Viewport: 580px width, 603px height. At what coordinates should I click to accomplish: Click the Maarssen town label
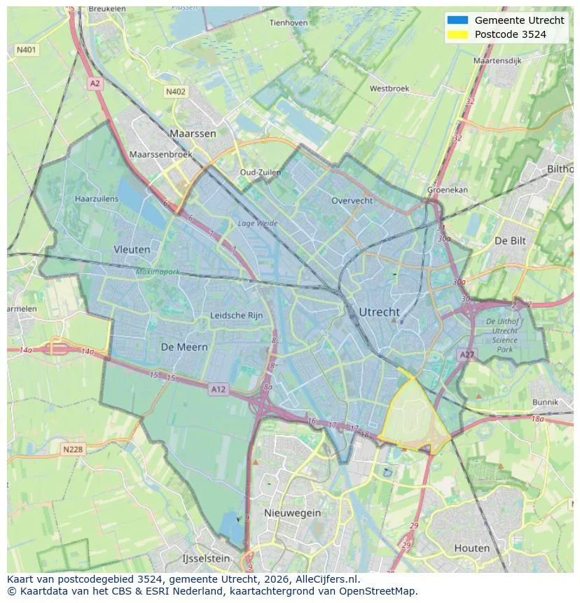tap(193, 133)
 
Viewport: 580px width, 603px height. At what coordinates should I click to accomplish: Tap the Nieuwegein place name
tap(292, 513)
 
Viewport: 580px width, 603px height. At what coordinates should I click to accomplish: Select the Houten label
tap(472, 548)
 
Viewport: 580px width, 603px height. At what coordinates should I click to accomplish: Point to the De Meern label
tap(184, 347)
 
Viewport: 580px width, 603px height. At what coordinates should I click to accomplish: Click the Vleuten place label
tap(132, 249)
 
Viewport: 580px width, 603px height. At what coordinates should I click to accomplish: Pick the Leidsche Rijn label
tap(237, 315)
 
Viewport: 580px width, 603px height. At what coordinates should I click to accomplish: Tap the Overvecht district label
tap(352, 200)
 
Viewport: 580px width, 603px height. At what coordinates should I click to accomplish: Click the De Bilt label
tap(510, 240)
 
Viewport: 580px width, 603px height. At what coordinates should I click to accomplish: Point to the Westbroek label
tap(389, 89)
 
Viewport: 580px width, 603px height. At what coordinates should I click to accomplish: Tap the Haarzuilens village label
tap(97, 199)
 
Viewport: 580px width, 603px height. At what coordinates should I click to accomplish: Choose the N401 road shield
tap(27, 50)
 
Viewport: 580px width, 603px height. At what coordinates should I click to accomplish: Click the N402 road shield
tap(176, 92)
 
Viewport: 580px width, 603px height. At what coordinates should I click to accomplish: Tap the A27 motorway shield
tap(467, 355)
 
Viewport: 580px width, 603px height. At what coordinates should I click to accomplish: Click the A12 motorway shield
tap(219, 389)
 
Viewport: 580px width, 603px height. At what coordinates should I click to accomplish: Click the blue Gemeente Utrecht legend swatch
tap(457, 20)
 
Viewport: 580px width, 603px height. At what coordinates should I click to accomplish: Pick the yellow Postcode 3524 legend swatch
tap(457, 34)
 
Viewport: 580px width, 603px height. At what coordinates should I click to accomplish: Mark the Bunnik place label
tap(545, 402)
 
